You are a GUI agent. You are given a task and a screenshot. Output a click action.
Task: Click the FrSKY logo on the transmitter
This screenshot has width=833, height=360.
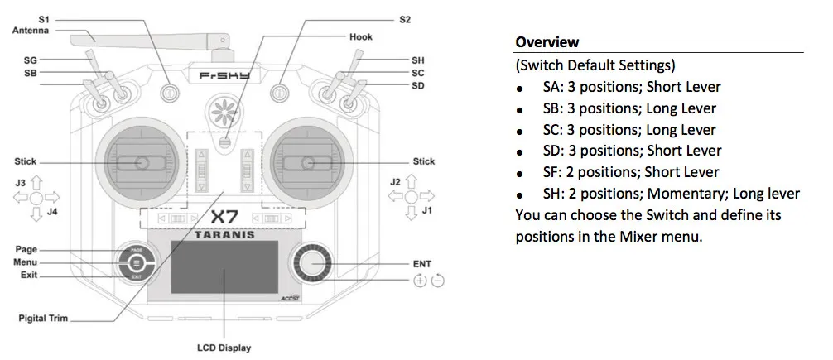coord(224,75)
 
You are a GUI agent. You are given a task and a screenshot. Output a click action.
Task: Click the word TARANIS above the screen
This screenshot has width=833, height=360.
coord(224,234)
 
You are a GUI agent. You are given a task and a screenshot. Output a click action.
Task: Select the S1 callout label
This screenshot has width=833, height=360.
coord(43,18)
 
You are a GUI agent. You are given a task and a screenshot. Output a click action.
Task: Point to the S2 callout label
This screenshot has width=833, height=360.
coord(405,18)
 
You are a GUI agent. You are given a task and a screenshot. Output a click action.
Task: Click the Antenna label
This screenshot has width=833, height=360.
coord(31,31)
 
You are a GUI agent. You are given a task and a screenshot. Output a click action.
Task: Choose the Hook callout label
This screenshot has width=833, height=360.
coord(361,36)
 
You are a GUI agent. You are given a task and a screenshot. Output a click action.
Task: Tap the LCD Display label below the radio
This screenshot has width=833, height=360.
coord(224,348)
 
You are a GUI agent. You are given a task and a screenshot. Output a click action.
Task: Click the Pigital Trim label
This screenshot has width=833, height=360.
coord(43,318)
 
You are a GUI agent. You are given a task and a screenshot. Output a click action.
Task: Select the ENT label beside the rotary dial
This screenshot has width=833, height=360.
coord(422,263)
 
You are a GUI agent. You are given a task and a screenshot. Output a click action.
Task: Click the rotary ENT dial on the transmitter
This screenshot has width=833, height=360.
coord(312,264)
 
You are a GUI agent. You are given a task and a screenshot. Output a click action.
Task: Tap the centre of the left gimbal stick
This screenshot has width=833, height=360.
coord(138,161)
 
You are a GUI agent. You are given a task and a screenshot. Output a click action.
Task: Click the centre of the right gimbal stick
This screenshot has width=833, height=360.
coord(308,161)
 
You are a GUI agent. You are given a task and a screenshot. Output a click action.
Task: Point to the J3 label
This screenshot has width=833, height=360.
coord(21,180)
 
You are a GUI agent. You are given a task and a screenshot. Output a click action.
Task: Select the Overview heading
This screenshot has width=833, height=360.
coord(547,42)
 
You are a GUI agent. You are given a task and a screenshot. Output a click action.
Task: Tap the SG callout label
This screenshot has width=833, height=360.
coord(31,60)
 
